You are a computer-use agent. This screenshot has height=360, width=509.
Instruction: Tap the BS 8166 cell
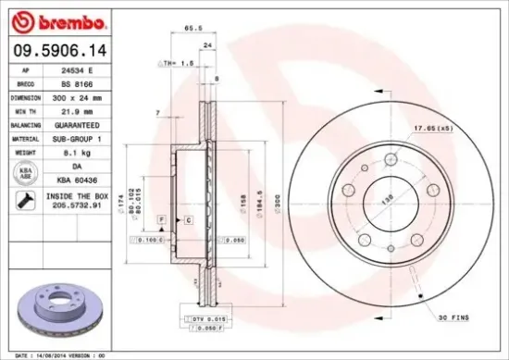pyautogui.click(x=83, y=82)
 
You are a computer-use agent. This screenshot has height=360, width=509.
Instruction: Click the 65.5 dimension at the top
pyautogui.click(x=190, y=29)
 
